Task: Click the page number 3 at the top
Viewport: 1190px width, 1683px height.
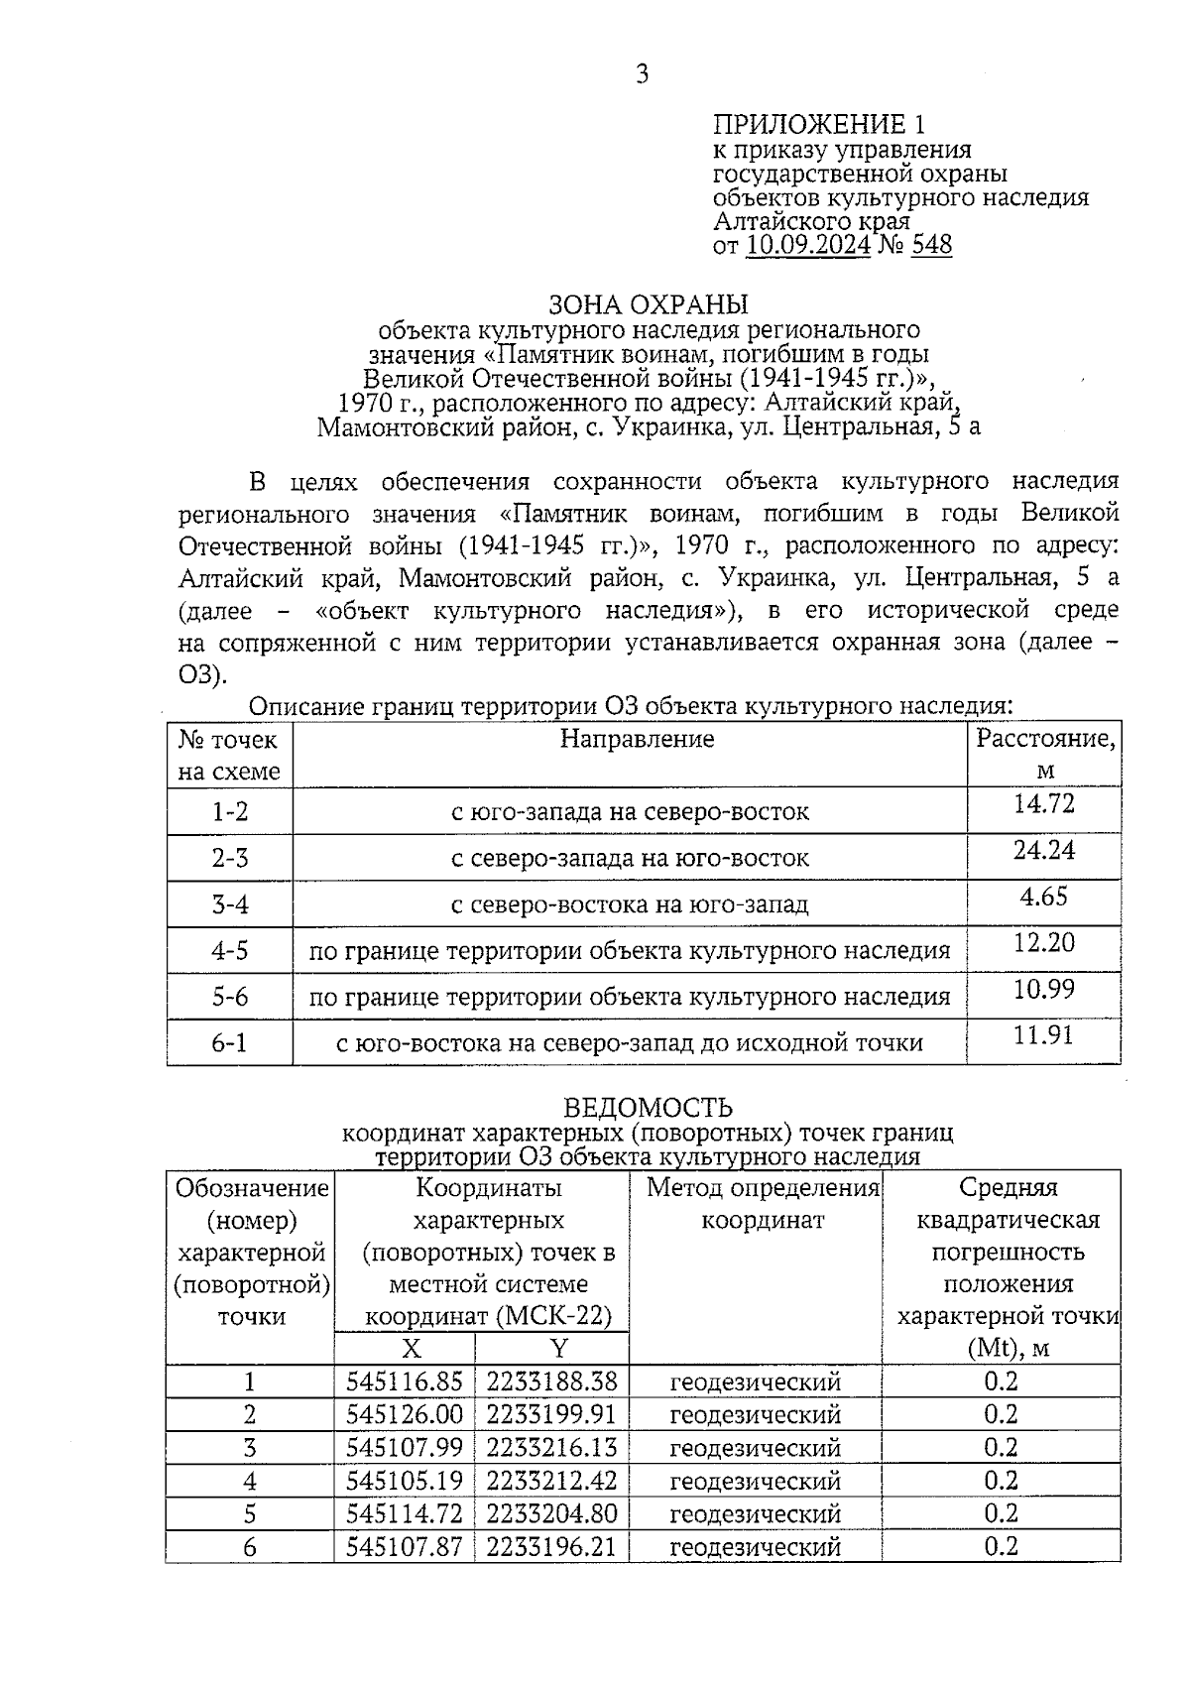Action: [x=643, y=73]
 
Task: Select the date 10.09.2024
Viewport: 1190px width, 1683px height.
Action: [x=808, y=245]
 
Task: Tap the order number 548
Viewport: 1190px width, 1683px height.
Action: [x=931, y=245]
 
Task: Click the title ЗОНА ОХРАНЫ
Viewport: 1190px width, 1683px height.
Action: [x=649, y=303]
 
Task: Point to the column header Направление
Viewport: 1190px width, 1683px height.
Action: [x=637, y=739]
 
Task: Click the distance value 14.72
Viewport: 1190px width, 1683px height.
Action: [x=1043, y=803]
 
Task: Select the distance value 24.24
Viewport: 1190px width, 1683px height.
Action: [x=1043, y=850]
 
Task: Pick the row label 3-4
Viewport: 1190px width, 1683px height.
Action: [x=230, y=904]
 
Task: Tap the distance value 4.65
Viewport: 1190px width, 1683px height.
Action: [x=1043, y=897]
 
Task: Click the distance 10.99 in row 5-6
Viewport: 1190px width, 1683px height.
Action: [x=1043, y=989]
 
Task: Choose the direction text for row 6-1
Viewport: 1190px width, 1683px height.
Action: [x=630, y=1043]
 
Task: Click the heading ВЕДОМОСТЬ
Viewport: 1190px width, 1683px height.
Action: [x=648, y=1108]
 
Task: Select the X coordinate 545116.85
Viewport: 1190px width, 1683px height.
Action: [x=405, y=1382]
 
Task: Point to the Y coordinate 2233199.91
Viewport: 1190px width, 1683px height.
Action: [x=551, y=1414]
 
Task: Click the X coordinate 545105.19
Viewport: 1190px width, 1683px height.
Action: [x=405, y=1481]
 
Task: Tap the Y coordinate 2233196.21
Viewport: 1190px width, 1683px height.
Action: [x=551, y=1546]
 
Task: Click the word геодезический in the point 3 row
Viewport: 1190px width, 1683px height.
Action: [x=756, y=1448]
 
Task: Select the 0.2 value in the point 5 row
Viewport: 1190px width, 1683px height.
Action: [x=1001, y=1513]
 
